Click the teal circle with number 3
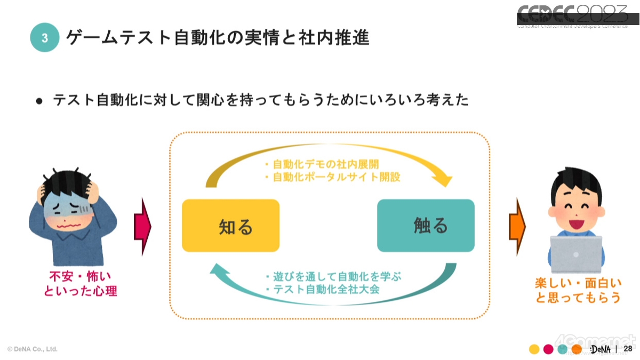(x=44, y=37)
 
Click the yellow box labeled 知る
(x=230, y=225)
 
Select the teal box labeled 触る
(x=426, y=225)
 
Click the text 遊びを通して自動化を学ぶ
(x=337, y=277)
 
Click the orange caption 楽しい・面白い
(x=578, y=283)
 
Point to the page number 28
(x=627, y=348)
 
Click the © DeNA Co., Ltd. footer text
(x=33, y=349)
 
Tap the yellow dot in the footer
(x=533, y=349)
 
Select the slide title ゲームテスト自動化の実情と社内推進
(x=218, y=38)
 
